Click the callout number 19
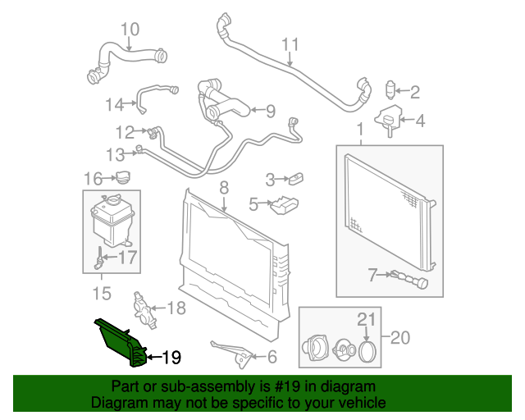point(171,357)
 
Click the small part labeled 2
point(391,89)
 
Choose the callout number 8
point(223,188)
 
